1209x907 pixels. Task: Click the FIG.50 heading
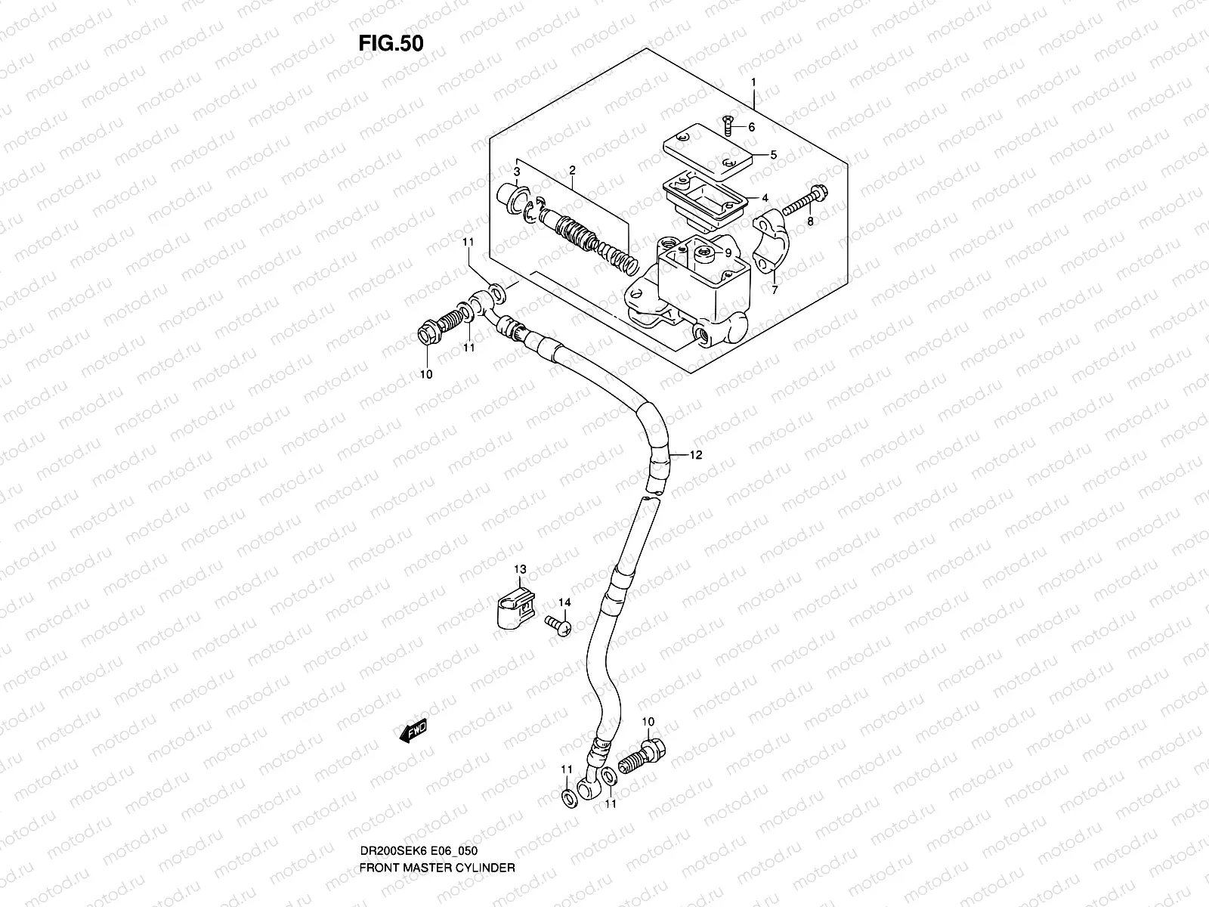(x=391, y=43)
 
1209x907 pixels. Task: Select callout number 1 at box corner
(x=753, y=82)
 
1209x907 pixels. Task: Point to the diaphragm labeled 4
(x=703, y=192)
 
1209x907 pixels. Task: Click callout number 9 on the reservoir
(x=727, y=253)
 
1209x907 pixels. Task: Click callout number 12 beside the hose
(x=695, y=455)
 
